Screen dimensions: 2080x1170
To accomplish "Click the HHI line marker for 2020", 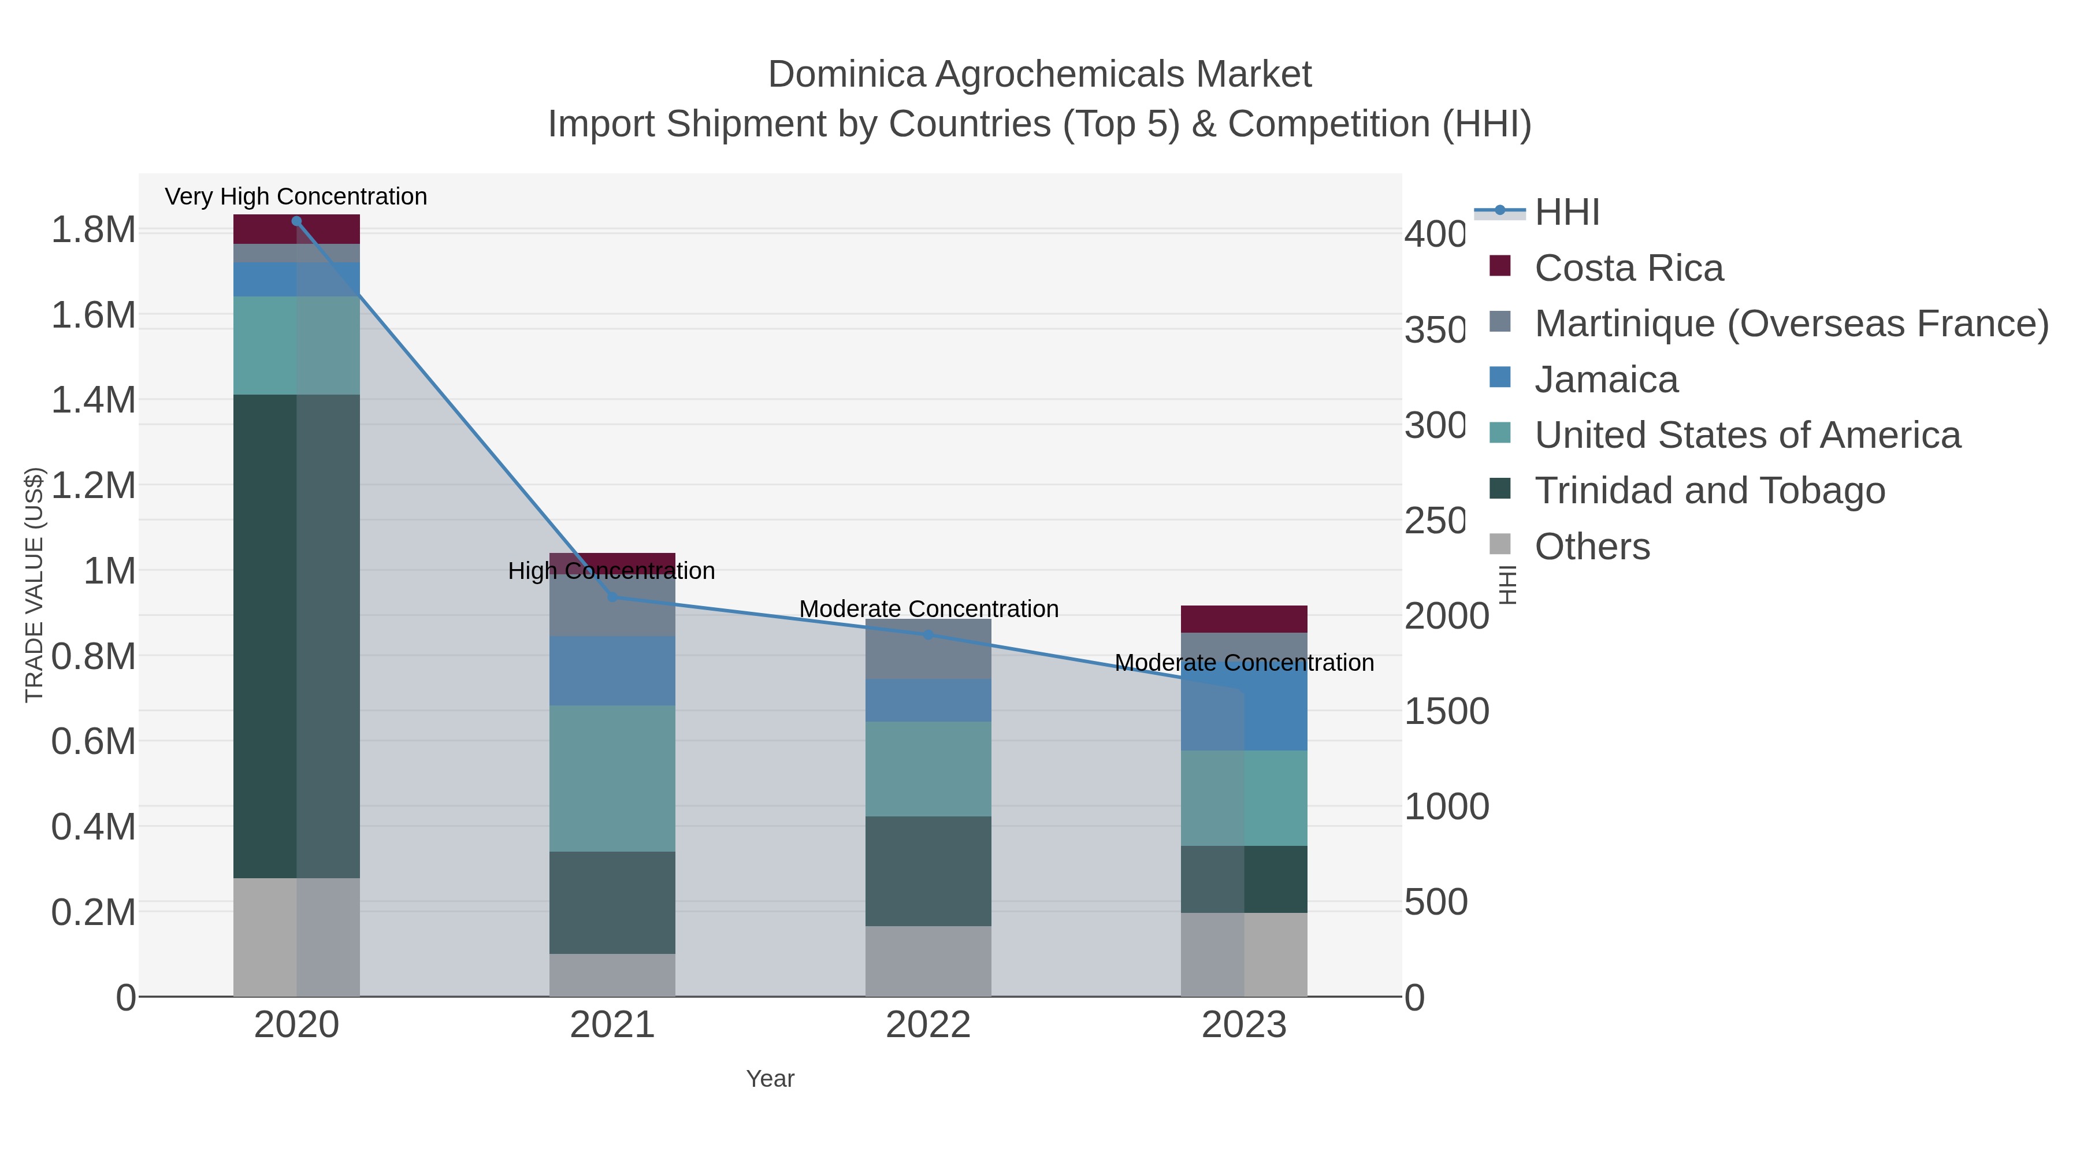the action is click(x=296, y=221).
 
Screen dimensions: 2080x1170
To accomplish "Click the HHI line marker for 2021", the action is click(x=612, y=597).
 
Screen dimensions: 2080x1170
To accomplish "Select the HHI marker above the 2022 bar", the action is click(x=928, y=634).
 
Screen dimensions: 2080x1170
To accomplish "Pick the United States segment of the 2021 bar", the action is click(x=612, y=778).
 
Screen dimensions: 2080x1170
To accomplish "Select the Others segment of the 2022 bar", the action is click(x=928, y=961).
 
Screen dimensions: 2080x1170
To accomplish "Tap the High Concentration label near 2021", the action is click(x=611, y=571).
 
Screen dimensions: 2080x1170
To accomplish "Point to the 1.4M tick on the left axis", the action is click(x=94, y=400).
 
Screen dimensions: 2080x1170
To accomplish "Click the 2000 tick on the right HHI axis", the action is click(x=1446, y=616).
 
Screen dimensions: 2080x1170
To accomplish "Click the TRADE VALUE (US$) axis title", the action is click(x=34, y=585).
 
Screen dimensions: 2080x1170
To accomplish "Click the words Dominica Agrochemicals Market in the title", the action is click(x=1039, y=75).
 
